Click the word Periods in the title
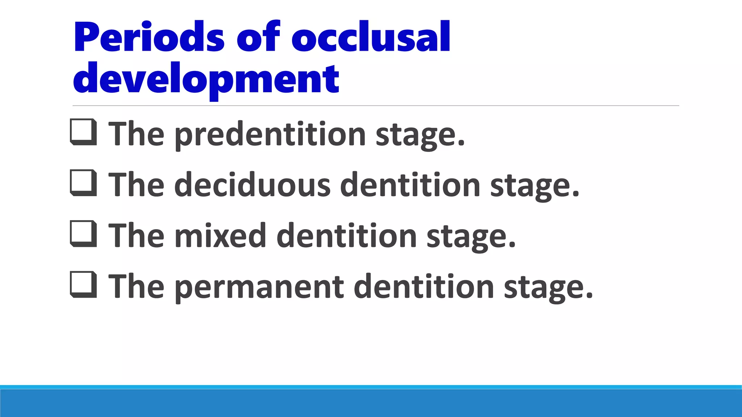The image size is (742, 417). pyautogui.click(x=149, y=38)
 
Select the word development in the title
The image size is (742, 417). pyautogui.click(x=206, y=79)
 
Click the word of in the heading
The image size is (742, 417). pyautogui.click(x=258, y=38)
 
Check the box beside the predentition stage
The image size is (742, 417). pyautogui.click(x=83, y=132)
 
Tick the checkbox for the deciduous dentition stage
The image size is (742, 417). pyautogui.click(x=83, y=183)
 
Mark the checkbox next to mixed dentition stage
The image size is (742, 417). pyautogui.click(x=83, y=234)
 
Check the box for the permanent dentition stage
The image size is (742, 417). pyautogui.click(x=83, y=285)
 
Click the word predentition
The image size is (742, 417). pyautogui.click(x=270, y=135)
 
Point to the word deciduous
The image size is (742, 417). pyautogui.click(x=252, y=185)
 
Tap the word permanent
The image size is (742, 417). pyautogui.click(x=259, y=287)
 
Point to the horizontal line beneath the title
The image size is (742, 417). pyautogui.click(x=375, y=106)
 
